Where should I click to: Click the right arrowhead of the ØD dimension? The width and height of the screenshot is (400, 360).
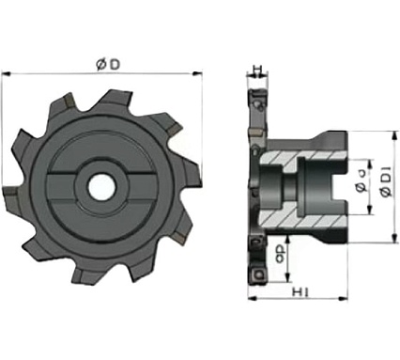pyautogui.click(x=199, y=74)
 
